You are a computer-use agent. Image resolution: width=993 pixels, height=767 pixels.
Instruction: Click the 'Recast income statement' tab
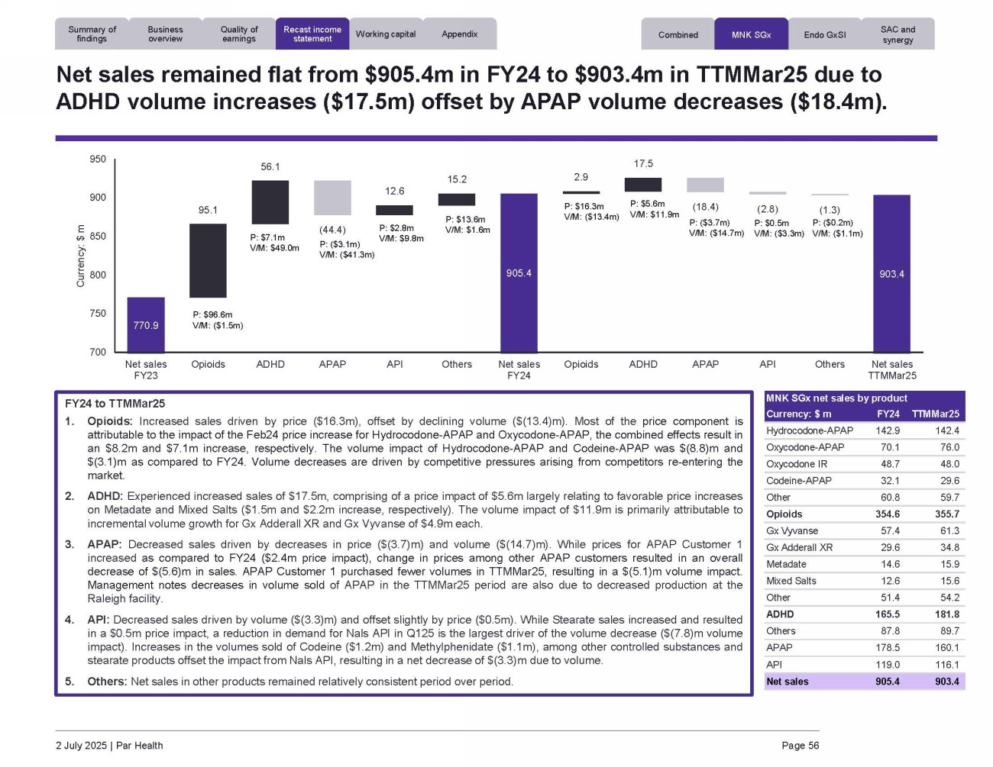pos(312,34)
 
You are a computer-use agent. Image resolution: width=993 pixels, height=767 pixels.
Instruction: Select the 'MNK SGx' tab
pos(751,34)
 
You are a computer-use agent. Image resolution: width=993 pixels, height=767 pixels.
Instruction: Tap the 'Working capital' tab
pos(386,34)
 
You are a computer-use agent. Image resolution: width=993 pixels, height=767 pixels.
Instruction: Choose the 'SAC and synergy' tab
pos(898,34)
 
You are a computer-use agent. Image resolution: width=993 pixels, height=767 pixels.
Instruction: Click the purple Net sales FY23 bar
pos(146,324)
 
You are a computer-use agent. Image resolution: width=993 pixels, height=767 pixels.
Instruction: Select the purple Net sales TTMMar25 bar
pos(891,273)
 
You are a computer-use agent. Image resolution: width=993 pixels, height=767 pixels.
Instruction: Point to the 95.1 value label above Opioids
pos(208,210)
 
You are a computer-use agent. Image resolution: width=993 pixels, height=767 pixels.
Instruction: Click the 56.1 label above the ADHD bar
pos(270,166)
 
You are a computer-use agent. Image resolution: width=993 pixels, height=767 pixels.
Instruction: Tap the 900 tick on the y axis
pos(98,198)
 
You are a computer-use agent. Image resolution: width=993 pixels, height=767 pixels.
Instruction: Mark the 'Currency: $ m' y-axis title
pos(80,256)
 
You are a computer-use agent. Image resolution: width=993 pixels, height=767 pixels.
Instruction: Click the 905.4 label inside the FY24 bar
pos(519,273)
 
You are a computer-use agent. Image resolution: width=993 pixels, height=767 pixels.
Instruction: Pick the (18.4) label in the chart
pos(705,207)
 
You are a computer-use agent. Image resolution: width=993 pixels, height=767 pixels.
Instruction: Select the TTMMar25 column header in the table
pos(936,414)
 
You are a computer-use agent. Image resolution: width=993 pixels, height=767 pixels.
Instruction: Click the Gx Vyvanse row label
pos(792,531)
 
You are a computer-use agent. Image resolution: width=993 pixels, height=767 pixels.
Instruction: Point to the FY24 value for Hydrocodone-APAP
pos(887,431)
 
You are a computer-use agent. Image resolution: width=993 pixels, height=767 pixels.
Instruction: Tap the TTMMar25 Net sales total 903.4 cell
pos(946,682)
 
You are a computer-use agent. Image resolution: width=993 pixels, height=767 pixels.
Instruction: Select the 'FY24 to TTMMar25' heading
pos(115,404)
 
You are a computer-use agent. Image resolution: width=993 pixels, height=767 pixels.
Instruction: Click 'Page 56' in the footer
pos(800,746)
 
